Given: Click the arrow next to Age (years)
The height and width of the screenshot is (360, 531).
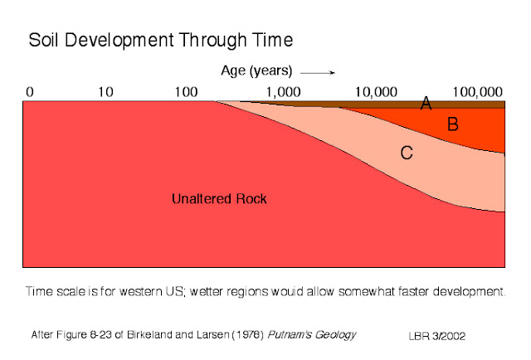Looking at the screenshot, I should [x=323, y=71].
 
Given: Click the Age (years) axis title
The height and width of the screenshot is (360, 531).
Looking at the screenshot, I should [x=256, y=71].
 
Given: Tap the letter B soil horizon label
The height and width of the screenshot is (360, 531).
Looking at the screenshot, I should [x=453, y=125].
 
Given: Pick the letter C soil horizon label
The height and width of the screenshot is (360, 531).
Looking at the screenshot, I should [x=407, y=152].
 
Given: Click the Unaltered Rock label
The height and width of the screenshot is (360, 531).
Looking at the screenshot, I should [x=220, y=199].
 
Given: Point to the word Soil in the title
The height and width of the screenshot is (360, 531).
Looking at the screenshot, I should [x=46, y=40].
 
